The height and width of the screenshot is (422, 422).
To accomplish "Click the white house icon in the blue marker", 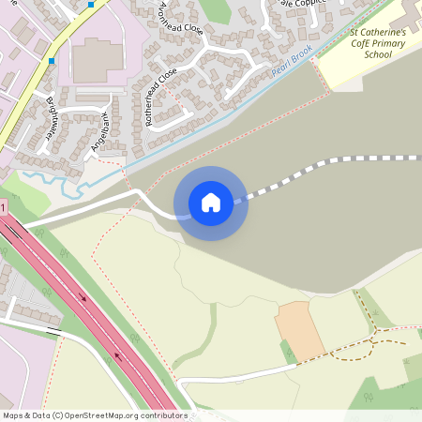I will point(211,203).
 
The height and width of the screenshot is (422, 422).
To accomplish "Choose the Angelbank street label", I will point(100,132).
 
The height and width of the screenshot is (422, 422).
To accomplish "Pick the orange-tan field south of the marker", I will point(299,331).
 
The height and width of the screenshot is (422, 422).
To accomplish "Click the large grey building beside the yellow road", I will point(98,60).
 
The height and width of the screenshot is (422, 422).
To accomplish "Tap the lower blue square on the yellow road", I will point(53,61).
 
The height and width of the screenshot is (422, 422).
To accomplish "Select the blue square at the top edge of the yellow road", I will point(91,4).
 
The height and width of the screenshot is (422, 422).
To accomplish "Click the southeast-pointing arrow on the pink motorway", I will point(83,299).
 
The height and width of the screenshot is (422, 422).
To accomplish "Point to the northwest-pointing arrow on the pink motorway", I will point(117,354).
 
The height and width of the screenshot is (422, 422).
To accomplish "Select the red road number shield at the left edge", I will point(3,206).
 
